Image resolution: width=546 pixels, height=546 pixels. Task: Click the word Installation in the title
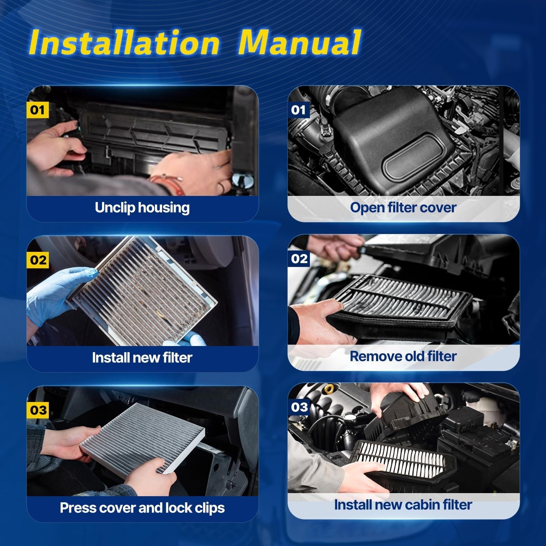pyautogui.click(x=124, y=42)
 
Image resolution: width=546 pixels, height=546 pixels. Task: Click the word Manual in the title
pyautogui.click(x=299, y=42)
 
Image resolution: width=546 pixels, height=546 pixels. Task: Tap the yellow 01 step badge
pyautogui.click(x=38, y=110)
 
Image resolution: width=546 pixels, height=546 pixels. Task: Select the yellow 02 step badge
pyautogui.click(x=38, y=260)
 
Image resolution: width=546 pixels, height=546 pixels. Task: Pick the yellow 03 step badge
pyautogui.click(x=38, y=410)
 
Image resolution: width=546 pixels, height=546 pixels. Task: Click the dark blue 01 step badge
pyautogui.click(x=299, y=110)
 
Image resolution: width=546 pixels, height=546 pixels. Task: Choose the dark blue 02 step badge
pyautogui.click(x=299, y=259)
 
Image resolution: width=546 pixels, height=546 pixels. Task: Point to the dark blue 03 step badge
pyautogui.click(x=299, y=407)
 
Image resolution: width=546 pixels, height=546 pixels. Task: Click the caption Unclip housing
pyautogui.click(x=142, y=208)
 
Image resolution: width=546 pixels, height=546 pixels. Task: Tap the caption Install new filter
pyautogui.click(x=142, y=358)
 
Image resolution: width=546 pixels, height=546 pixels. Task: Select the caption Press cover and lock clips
pyautogui.click(x=142, y=508)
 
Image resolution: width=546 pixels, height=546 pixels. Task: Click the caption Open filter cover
pyautogui.click(x=403, y=207)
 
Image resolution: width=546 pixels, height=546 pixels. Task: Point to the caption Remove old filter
pyautogui.click(x=403, y=356)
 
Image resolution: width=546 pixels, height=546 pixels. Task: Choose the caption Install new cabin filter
pyautogui.click(x=403, y=505)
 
